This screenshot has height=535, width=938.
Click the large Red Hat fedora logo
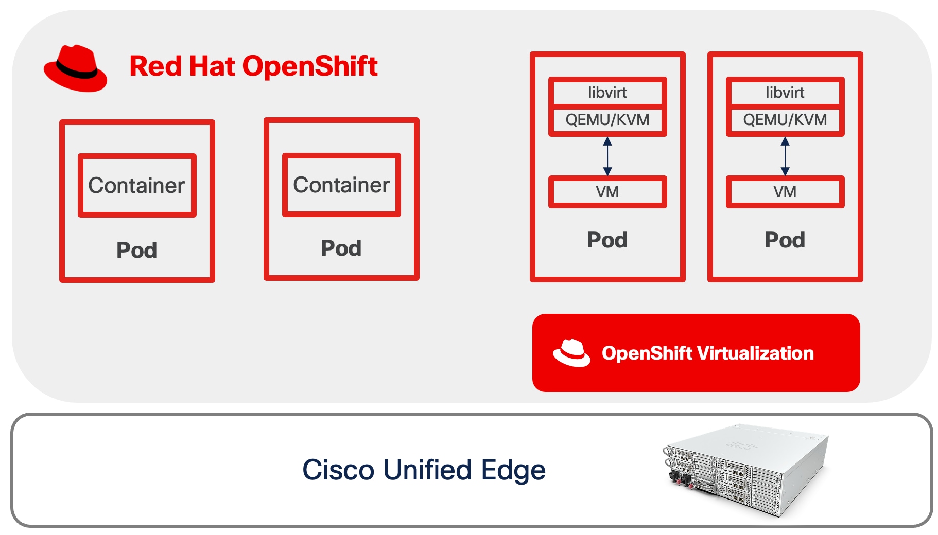[x=76, y=68]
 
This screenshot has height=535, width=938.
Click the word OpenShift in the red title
[x=310, y=66]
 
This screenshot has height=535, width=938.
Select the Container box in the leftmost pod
[x=137, y=185]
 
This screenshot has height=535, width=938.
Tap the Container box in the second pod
[x=341, y=185]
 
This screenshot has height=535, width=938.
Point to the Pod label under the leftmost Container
[x=137, y=250]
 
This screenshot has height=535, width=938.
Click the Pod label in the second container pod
[x=341, y=248]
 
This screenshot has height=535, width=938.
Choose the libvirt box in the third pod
[x=607, y=93]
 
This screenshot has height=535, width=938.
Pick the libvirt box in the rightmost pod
[x=785, y=93]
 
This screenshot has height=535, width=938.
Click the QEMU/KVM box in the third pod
[x=607, y=120]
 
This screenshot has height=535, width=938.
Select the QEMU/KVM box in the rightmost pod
[x=785, y=120]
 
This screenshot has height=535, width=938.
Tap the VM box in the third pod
[x=607, y=192]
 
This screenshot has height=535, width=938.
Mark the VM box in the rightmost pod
[x=785, y=192]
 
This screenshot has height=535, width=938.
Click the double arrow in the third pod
[x=607, y=156]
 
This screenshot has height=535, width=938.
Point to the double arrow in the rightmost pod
[x=785, y=156]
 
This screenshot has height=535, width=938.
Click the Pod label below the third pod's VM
[x=607, y=240]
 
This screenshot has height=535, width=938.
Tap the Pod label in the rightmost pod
[x=785, y=240]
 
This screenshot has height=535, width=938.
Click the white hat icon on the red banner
[x=571, y=353]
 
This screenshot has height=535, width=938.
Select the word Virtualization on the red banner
[x=755, y=353]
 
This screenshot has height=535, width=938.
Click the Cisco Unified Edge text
[x=424, y=470]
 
